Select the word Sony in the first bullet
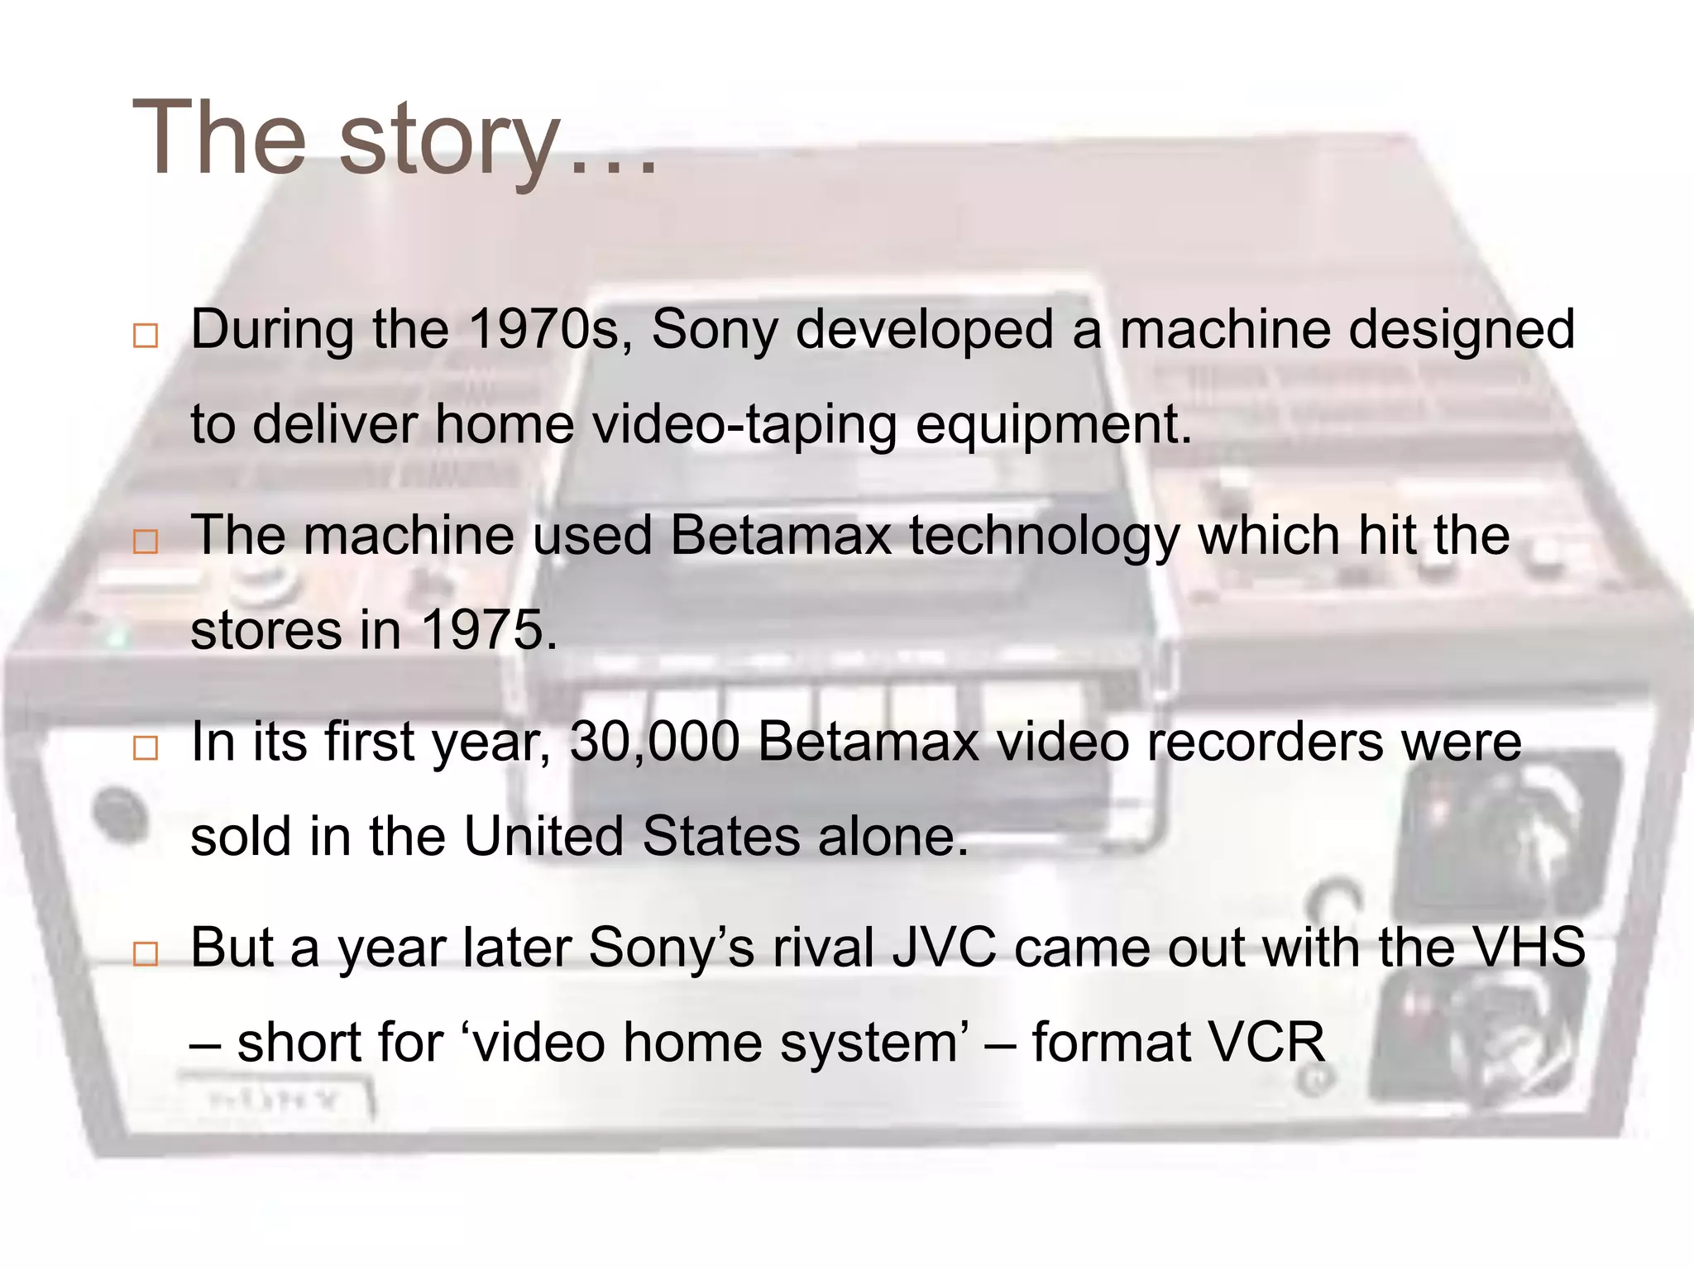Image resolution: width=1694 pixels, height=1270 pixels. click(x=715, y=330)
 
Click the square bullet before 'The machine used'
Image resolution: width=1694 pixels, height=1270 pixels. click(x=146, y=542)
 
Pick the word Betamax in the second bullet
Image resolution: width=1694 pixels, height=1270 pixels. click(x=780, y=535)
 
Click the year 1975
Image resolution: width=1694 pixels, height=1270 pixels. click(x=488, y=630)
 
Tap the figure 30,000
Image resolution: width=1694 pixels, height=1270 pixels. click(x=654, y=742)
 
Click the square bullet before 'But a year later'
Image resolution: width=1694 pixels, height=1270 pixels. click(x=146, y=954)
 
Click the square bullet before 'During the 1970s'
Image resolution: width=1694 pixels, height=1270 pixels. click(x=146, y=336)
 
